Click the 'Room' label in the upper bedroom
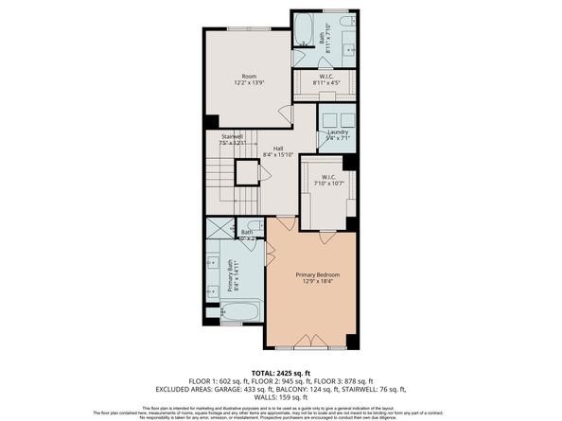pyautogui.click(x=249, y=76)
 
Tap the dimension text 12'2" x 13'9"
pyautogui.click(x=249, y=83)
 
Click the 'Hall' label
pyautogui.click(x=278, y=149)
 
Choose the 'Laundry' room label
pyautogui.click(x=336, y=132)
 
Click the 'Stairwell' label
pyautogui.click(x=233, y=136)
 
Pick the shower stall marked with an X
pyautogui.click(x=220, y=227)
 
